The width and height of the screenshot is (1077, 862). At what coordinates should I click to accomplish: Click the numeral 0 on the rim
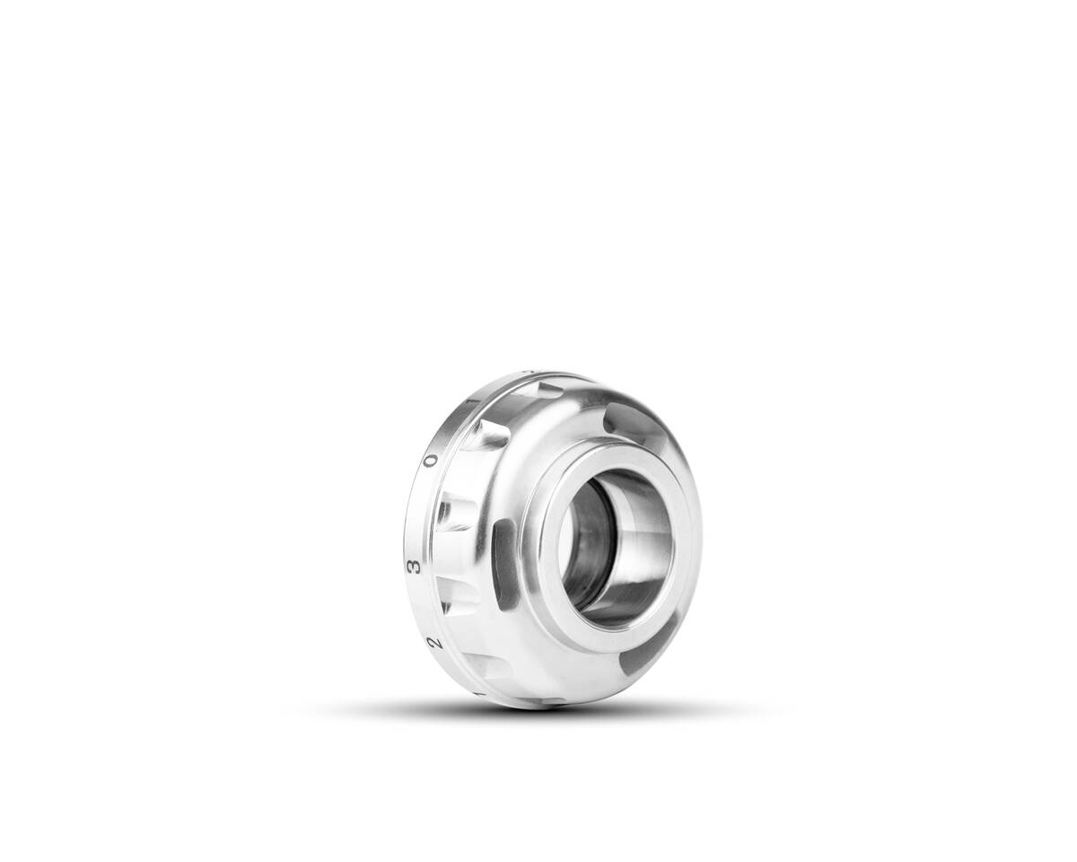click(431, 461)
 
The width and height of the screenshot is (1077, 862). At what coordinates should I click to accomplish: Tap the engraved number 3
click(413, 567)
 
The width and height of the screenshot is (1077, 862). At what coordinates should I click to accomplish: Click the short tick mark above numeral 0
click(473, 400)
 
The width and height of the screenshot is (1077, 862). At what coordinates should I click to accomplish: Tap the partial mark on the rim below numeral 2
click(478, 693)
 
